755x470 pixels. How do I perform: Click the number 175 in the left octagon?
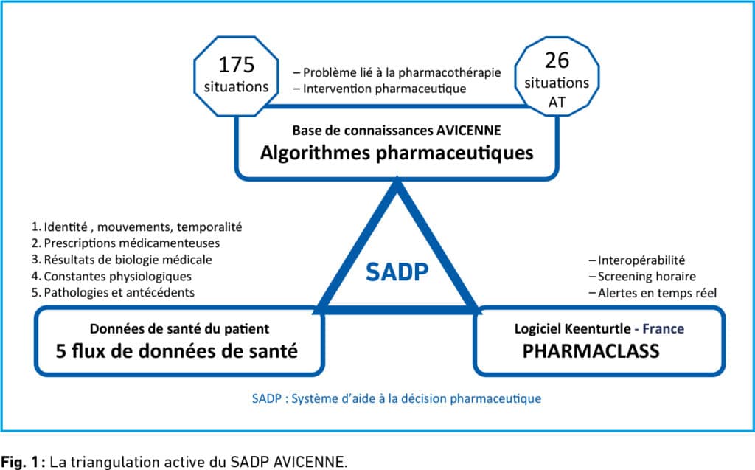236,65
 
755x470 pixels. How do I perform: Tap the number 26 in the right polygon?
557,61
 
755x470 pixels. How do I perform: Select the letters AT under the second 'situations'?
557,103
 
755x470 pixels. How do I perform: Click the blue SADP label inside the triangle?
397,272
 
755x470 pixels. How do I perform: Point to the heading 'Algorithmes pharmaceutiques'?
397,153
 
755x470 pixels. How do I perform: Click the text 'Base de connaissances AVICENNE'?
397,130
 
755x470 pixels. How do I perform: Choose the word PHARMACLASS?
591,351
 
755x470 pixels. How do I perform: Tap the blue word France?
664,329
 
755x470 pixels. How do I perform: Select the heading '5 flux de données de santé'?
177,351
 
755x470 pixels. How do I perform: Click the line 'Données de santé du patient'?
179,329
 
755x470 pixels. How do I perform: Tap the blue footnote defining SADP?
397,398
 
